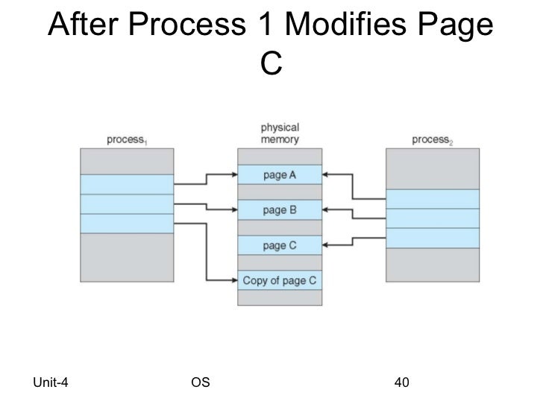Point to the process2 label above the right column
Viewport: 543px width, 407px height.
pyautogui.click(x=433, y=139)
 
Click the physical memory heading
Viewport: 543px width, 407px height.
pyautogui.click(x=280, y=133)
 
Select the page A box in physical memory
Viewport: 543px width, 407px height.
pyautogui.click(x=280, y=174)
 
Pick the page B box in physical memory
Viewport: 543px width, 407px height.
pyautogui.click(x=280, y=210)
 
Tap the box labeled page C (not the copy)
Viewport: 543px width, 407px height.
pyautogui.click(x=280, y=245)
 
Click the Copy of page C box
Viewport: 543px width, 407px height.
pyautogui.click(x=280, y=280)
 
